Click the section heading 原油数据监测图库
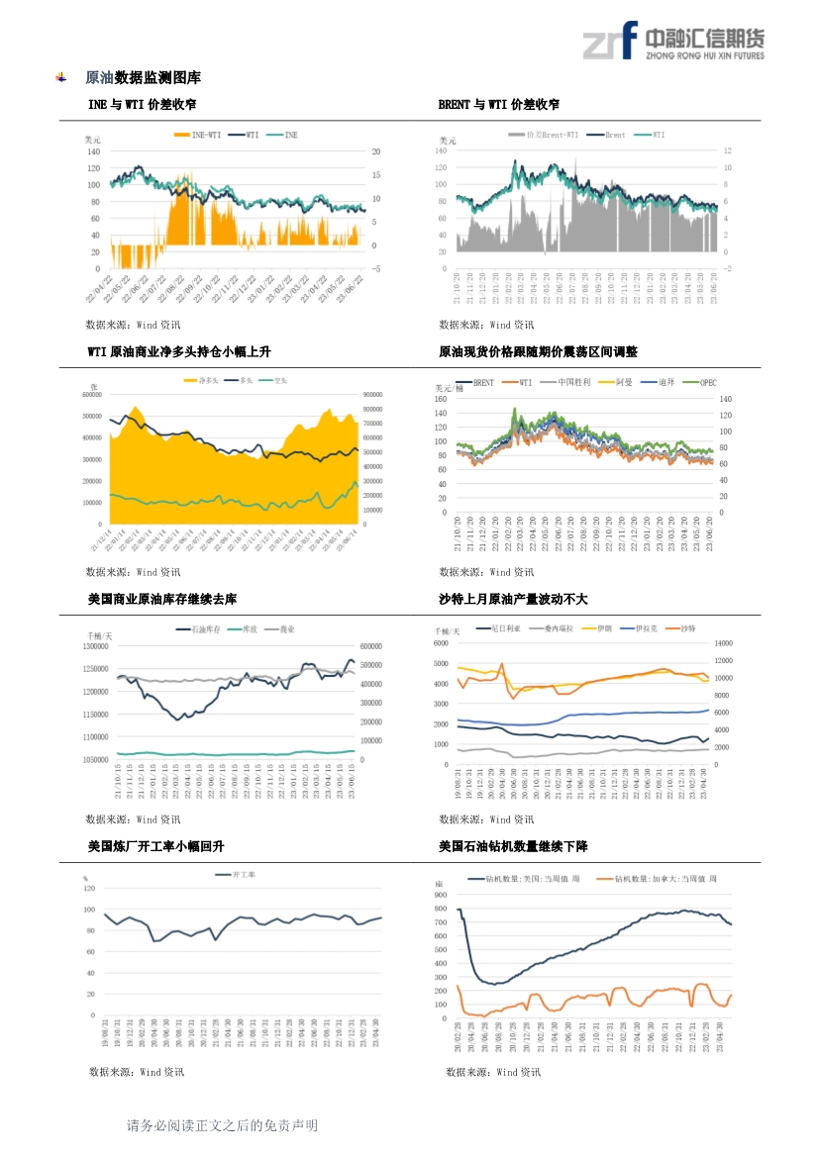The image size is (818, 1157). click(x=143, y=77)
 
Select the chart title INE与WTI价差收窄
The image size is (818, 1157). click(x=142, y=104)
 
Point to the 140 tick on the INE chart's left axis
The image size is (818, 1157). click(x=93, y=151)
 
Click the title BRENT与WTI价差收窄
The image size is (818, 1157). click(x=498, y=104)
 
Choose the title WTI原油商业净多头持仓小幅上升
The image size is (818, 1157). click(x=179, y=351)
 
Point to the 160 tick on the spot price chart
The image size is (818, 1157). click(x=442, y=399)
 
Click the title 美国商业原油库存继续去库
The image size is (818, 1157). click(x=162, y=599)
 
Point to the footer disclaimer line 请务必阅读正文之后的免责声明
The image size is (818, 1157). click(x=222, y=1125)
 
